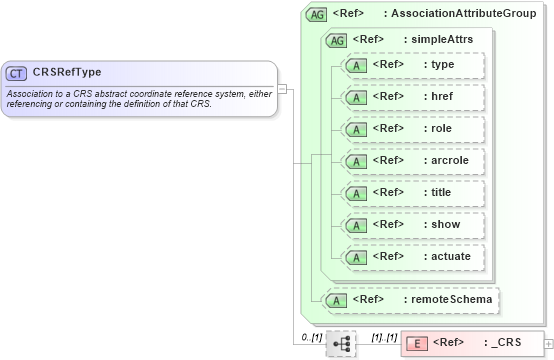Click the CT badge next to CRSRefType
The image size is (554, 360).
pyautogui.click(x=17, y=73)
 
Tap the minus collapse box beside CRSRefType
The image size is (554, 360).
pyautogui.click(x=282, y=88)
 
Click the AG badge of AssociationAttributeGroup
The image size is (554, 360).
pyautogui.click(x=317, y=14)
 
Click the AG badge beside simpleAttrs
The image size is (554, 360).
pyautogui.click(x=336, y=39)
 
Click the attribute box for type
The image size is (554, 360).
pyautogui.click(x=412, y=65)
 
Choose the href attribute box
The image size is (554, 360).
pyautogui.click(x=412, y=97)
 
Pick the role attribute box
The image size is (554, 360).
pyautogui.click(x=412, y=129)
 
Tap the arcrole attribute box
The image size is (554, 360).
pyautogui.click(x=412, y=160)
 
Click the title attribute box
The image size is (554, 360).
pyautogui.click(x=412, y=192)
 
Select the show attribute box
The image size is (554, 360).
pyautogui.click(x=412, y=224)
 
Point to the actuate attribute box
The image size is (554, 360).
pyautogui.click(x=412, y=256)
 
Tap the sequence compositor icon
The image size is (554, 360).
pyautogui.click(x=341, y=343)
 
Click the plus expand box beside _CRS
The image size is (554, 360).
pyautogui.click(x=546, y=343)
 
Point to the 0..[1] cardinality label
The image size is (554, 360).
pyautogui.click(x=311, y=337)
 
